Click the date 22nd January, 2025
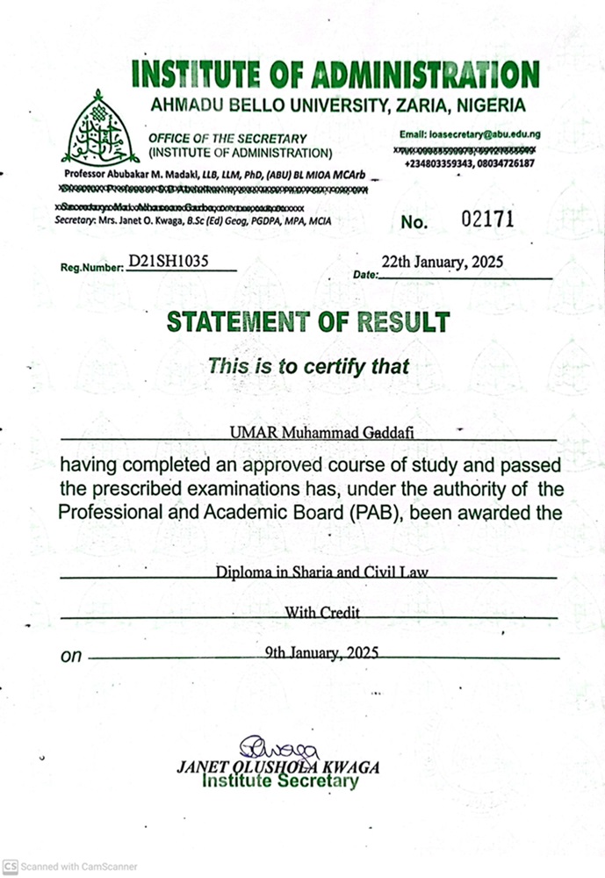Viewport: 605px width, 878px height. coord(442,262)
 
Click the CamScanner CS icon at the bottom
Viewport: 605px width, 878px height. coord(10,864)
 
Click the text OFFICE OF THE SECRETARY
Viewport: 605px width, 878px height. coord(227,139)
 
